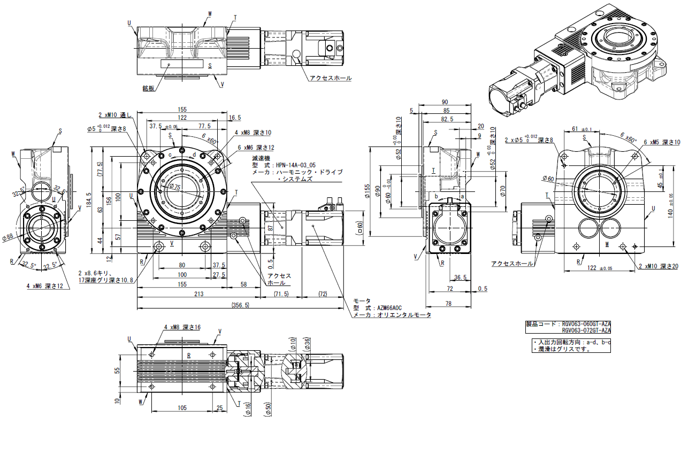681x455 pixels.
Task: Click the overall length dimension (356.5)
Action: [240, 305]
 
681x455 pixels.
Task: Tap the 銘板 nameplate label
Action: [148, 88]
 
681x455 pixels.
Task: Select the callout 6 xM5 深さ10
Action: [662, 142]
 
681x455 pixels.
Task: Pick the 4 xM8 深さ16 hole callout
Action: [182, 327]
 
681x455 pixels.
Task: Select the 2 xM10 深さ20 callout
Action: [659, 266]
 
